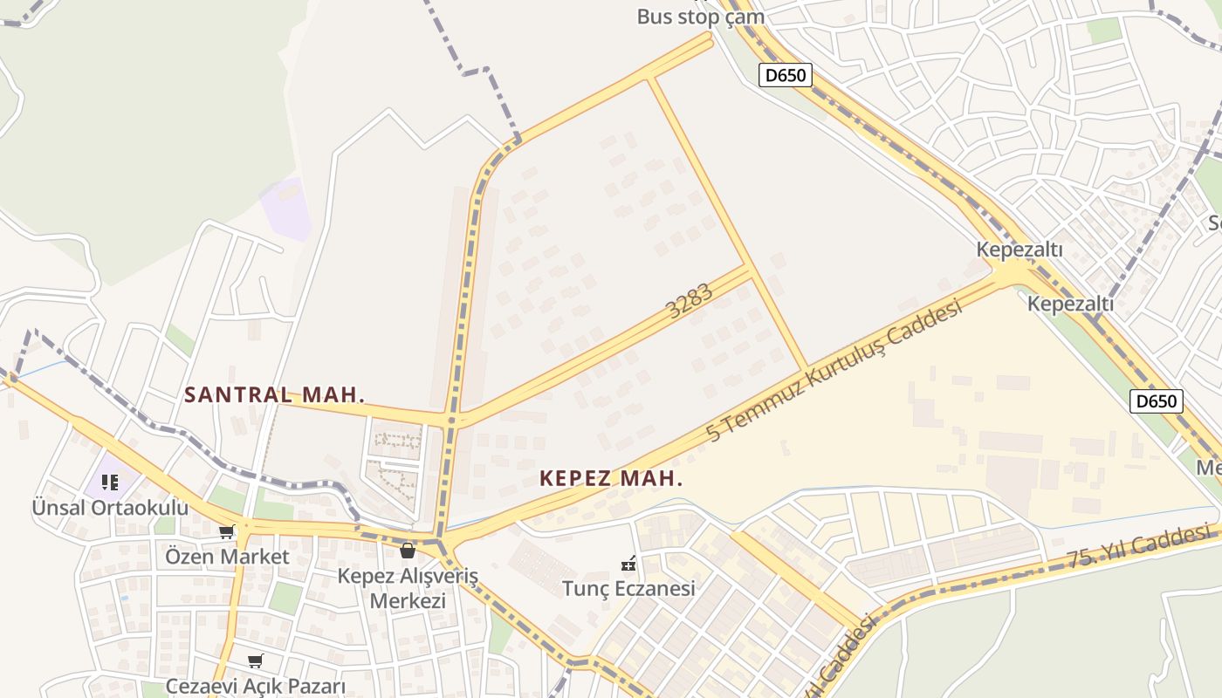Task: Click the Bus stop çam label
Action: pyautogui.click(x=700, y=17)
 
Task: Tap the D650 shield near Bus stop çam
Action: pyautogui.click(x=784, y=75)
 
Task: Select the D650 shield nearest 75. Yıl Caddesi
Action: pyautogui.click(x=1157, y=401)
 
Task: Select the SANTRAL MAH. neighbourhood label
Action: pyautogui.click(x=274, y=394)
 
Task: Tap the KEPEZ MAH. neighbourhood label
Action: pyautogui.click(x=611, y=478)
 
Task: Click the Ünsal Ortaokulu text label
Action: pyautogui.click(x=110, y=507)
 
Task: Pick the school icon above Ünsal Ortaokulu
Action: pyautogui.click(x=110, y=482)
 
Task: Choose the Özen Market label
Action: pyautogui.click(x=227, y=556)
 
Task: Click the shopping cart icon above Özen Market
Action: pyautogui.click(x=227, y=531)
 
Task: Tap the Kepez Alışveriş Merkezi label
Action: pyautogui.click(x=408, y=589)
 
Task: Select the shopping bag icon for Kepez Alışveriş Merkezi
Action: pyautogui.click(x=408, y=551)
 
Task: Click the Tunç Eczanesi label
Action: pyautogui.click(x=628, y=588)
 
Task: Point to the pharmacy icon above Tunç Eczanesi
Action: pyautogui.click(x=628, y=563)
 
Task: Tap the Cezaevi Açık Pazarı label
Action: pyautogui.click(x=256, y=686)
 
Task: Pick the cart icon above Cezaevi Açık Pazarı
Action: pyautogui.click(x=255, y=661)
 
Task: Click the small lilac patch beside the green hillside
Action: pyautogui.click(x=285, y=208)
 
